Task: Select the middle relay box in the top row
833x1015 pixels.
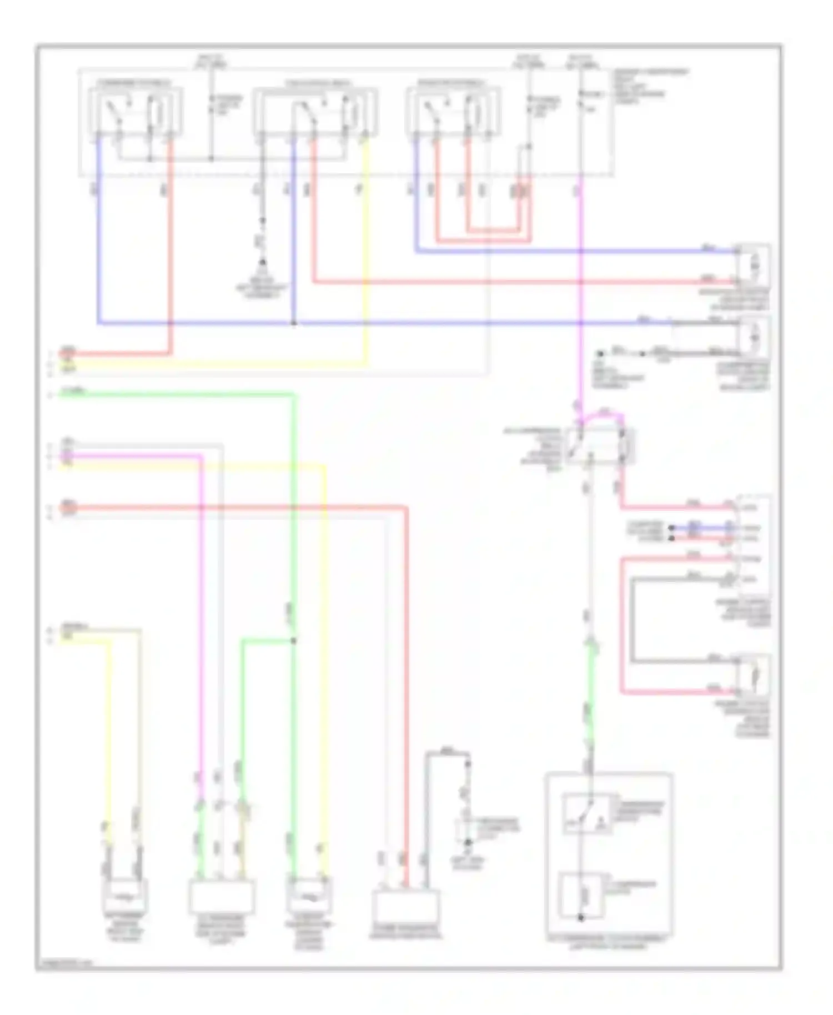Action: click(x=315, y=111)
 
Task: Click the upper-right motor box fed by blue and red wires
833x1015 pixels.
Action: click(x=754, y=267)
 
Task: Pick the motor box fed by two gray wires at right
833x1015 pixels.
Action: click(x=754, y=336)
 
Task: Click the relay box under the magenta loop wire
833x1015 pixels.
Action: click(x=600, y=445)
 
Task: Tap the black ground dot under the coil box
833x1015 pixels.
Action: click(x=581, y=918)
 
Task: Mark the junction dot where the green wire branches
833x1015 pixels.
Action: click(x=293, y=641)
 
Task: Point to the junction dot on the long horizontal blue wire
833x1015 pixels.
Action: click(x=293, y=323)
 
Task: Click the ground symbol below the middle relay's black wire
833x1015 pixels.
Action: click(x=263, y=263)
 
